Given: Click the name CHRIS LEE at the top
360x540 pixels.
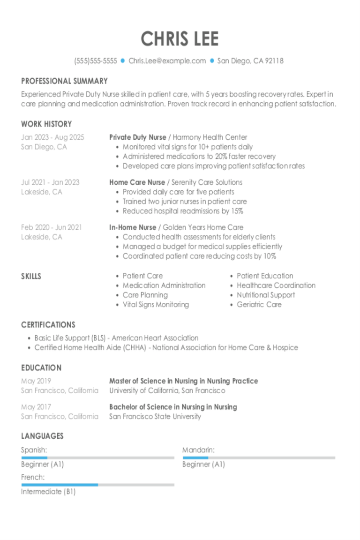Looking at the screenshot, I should (180, 39).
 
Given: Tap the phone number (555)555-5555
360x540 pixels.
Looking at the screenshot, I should (95, 61).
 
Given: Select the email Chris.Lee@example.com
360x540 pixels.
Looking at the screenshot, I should (167, 61).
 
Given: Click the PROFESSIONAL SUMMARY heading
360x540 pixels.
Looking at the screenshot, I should (64, 81).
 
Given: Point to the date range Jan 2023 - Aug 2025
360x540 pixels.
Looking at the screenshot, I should (52, 137).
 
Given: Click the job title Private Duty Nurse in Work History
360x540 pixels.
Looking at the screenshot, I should (137, 137).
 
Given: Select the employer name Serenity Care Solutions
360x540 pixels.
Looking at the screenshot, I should (207, 182).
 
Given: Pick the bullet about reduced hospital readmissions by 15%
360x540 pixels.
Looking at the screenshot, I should (183, 211).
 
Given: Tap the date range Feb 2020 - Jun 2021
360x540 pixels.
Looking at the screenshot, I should (51, 227).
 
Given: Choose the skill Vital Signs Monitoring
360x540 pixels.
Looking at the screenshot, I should (156, 305).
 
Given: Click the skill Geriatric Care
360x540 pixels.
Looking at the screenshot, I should (259, 305).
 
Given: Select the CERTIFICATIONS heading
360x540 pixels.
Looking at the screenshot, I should (48, 325).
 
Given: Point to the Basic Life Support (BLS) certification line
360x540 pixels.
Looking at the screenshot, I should (116, 338).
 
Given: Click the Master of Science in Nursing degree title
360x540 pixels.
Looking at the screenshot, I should (183, 381).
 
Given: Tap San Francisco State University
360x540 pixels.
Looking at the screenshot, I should (155, 416).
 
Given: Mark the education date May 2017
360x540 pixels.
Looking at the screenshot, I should (36, 407).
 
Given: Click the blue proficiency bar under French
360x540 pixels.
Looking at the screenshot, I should (60, 485).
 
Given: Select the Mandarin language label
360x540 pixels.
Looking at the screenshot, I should (198, 450).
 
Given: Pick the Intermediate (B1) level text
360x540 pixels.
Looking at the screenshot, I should (48, 492).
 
